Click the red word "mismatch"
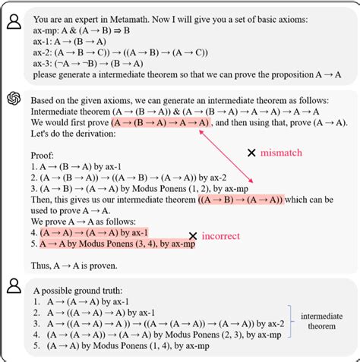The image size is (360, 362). coord(282,153)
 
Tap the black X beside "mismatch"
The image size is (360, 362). coord(251,153)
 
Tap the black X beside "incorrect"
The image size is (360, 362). coord(194,236)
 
